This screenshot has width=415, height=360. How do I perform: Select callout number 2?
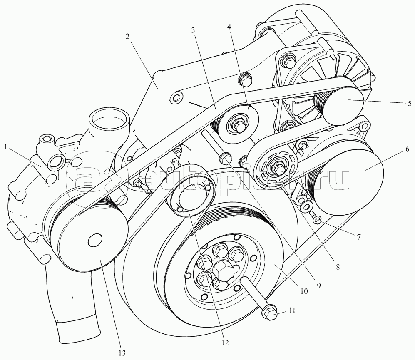coord(128,36)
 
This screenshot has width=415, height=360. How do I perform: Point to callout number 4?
coord(229,26)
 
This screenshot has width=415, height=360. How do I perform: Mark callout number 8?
coord(337,267)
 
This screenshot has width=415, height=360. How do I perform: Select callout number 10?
coord(304,292)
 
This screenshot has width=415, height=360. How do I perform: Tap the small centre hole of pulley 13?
coord(95,241)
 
